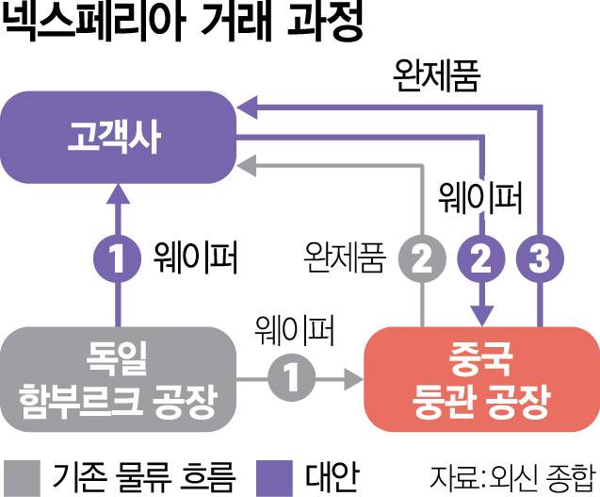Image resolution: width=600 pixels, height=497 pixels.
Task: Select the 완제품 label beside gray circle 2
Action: tap(345, 257)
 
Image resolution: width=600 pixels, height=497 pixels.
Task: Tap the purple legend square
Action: tap(278, 471)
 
